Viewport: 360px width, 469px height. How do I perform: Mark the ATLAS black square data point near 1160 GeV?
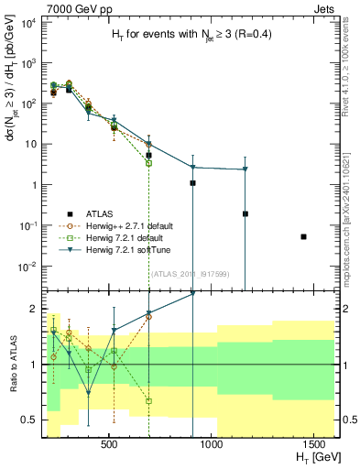pos(245,213)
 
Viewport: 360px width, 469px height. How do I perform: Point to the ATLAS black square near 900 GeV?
pos(192,183)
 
